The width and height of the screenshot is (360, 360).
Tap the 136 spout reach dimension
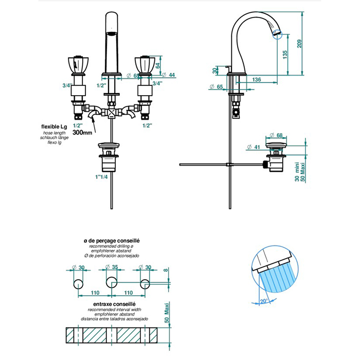[257, 80]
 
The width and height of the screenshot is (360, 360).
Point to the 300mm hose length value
[82, 132]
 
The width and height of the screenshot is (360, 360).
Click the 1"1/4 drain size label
[102, 177]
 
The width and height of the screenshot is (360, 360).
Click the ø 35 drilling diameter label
[114, 267]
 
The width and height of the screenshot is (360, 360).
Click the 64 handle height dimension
[158, 65]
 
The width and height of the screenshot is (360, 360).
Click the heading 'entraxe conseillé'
[112, 305]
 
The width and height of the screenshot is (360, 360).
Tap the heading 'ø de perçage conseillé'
[112, 240]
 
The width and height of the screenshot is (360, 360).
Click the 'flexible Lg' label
[54, 127]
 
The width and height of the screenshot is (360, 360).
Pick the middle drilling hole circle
[112, 282]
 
